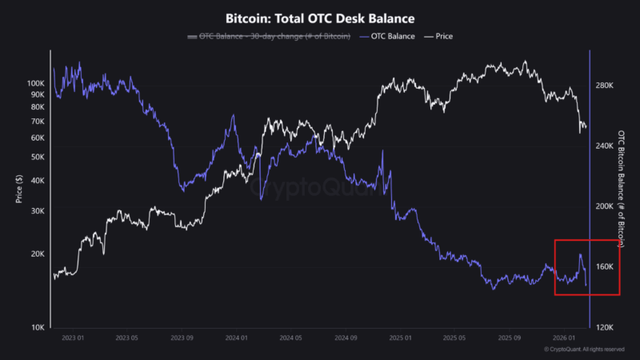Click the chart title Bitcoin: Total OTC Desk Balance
point(320,17)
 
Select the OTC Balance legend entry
point(392,37)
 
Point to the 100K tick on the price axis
point(36,83)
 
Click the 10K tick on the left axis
point(38,327)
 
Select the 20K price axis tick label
point(38,254)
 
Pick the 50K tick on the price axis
point(38,157)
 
